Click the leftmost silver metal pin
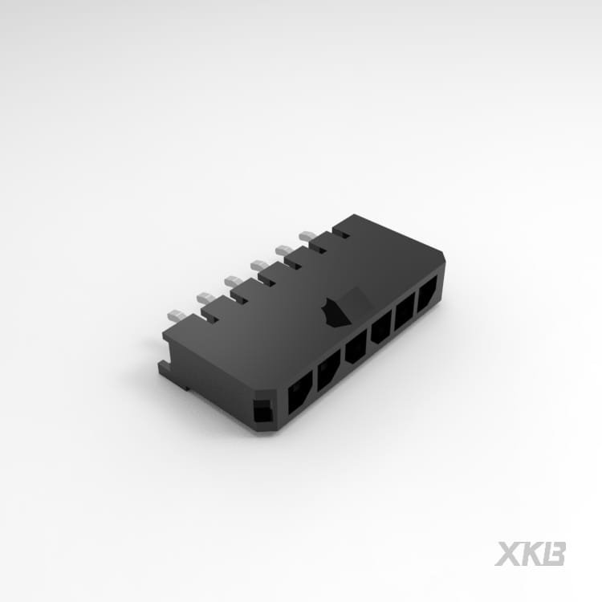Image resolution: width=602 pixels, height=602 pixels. tap(177, 315)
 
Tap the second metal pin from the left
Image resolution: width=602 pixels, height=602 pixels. tap(205, 297)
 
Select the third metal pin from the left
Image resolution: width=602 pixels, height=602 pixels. tap(234, 281)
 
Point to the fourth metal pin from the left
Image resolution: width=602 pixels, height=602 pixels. tap(260, 265)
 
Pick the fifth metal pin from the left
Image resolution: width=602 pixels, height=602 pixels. tap(285, 250)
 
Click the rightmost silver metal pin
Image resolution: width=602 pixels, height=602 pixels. tap(309, 236)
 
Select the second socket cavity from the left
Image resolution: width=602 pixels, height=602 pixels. tap(328, 369)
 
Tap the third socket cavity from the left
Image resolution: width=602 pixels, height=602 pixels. tap(356, 346)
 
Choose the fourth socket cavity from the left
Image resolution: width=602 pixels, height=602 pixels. tap(380, 327)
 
